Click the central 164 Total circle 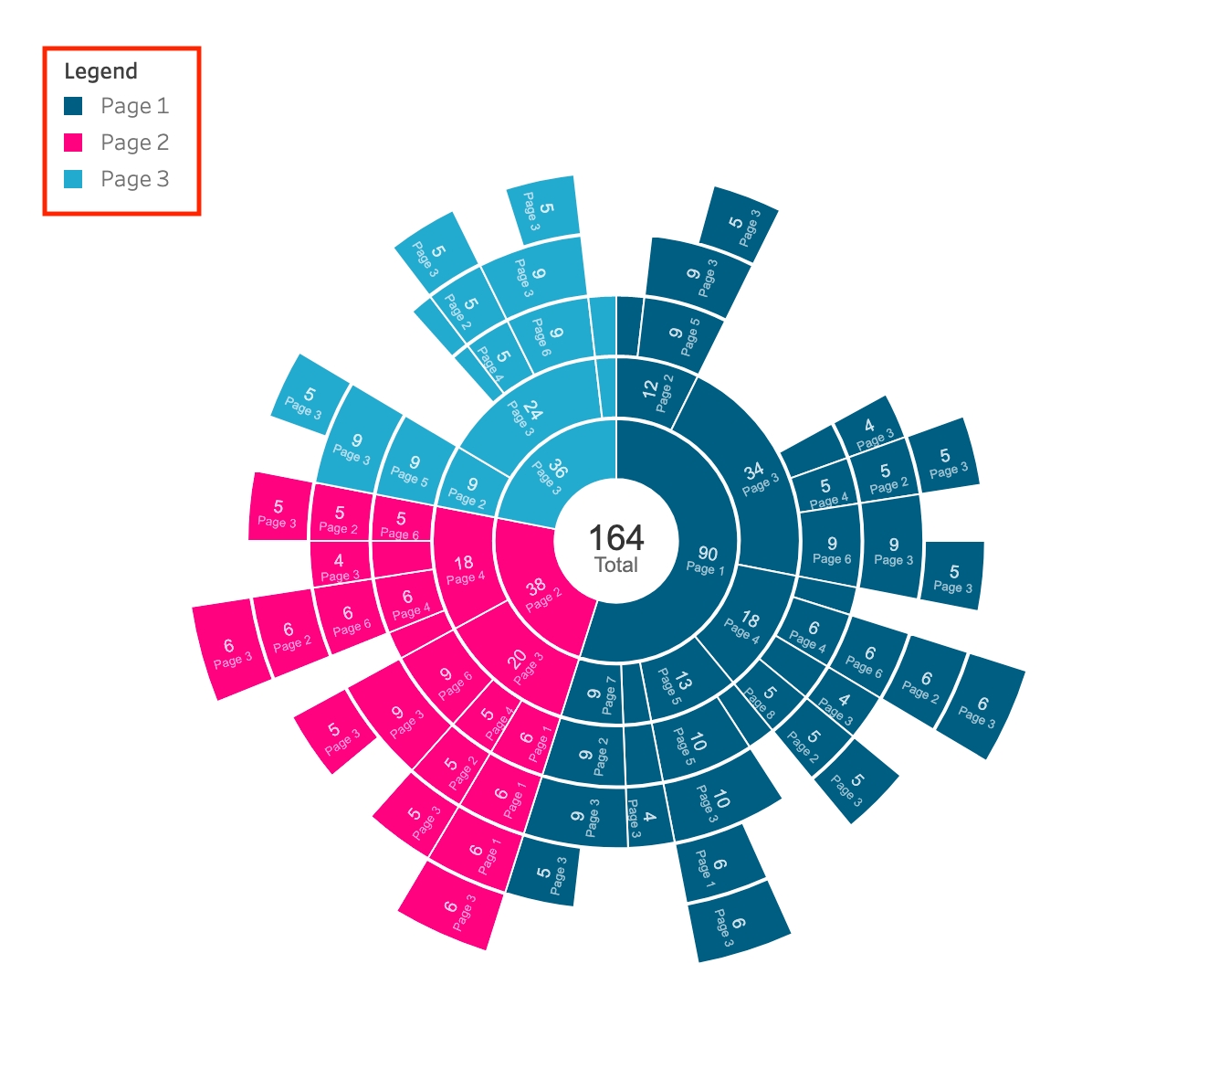[x=616, y=548]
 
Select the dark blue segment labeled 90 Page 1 [x=706, y=559]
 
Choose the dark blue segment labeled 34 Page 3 [x=758, y=478]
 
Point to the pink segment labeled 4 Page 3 [x=339, y=566]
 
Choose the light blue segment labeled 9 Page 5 [x=411, y=469]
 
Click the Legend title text [x=100, y=71]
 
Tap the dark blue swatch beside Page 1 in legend [x=73, y=106]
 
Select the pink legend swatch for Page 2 [x=73, y=143]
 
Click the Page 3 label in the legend [x=134, y=179]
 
